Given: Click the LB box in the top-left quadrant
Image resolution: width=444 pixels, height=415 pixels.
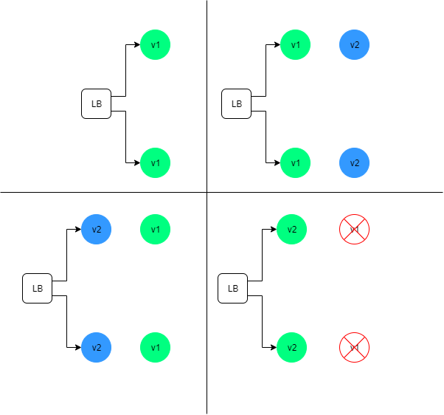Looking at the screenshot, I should (96, 103).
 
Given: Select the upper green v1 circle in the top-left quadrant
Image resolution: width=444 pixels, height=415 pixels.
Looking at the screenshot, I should (156, 45).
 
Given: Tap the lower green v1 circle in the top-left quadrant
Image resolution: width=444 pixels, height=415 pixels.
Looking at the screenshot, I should (156, 162).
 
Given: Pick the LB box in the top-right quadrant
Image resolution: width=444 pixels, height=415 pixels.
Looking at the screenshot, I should (237, 103).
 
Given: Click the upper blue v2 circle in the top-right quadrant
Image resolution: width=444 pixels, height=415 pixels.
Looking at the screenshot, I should (355, 45).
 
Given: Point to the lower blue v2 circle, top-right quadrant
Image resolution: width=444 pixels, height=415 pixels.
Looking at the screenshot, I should (355, 162).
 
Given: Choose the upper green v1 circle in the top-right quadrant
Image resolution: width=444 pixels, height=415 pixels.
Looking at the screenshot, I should (296, 45).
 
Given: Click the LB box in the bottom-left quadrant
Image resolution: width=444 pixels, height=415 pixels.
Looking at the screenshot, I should (37, 288).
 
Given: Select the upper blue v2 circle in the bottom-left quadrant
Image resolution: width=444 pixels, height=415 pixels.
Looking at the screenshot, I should (96, 229).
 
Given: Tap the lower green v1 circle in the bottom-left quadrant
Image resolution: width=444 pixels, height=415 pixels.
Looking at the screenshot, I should (156, 347).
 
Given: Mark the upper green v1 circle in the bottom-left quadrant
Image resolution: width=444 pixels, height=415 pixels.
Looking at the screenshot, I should (156, 229).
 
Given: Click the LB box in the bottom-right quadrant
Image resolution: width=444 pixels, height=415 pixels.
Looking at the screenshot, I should (233, 288).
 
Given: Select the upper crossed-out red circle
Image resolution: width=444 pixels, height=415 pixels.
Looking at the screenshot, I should (354, 229).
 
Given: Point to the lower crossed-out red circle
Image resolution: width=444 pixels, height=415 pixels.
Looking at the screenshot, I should (354, 347).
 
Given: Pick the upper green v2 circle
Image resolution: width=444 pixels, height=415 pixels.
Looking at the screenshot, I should (292, 229).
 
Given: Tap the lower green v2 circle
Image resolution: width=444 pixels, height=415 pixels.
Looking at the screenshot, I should (292, 347).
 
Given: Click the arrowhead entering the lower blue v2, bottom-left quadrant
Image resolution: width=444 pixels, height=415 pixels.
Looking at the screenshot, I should (78, 347).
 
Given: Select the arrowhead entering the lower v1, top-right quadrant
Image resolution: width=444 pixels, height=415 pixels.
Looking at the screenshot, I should (277, 162).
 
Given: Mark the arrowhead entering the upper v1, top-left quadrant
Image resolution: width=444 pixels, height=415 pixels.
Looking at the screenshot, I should (137, 45).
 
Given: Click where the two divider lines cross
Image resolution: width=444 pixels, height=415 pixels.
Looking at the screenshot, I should (207, 193).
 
